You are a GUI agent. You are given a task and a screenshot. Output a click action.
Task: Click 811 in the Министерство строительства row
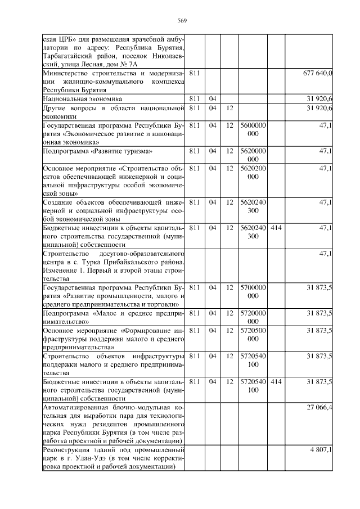(194, 73)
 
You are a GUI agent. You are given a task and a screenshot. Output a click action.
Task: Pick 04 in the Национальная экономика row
(212, 98)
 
